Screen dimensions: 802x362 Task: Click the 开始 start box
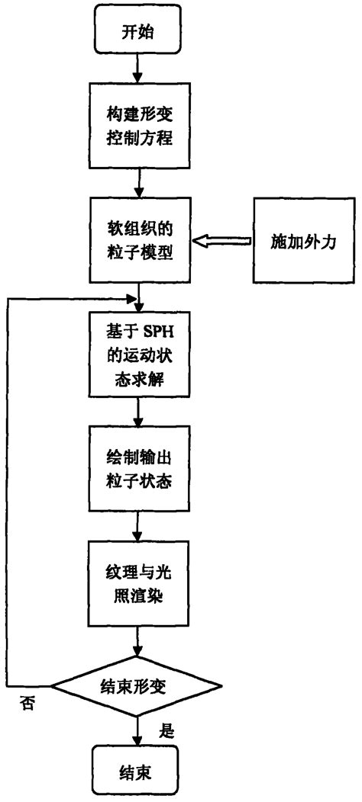click(x=138, y=33)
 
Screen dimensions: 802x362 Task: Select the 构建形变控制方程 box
click(x=138, y=128)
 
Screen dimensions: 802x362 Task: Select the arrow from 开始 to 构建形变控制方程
click(x=138, y=69)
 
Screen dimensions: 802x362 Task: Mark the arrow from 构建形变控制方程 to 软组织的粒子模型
click(x=138, y=183)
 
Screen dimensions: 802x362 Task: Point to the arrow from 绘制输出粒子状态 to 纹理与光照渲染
click(x=138, y=526)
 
